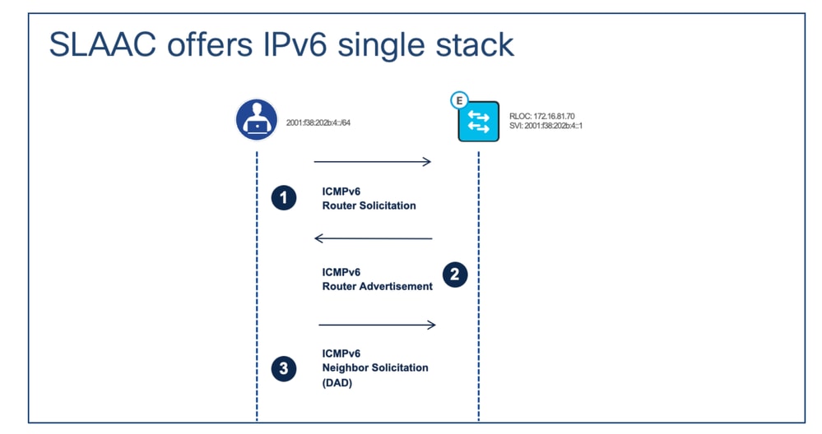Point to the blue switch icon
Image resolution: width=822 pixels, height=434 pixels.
[x=478, y=122]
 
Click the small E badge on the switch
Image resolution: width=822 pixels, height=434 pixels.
[x=457, y=99]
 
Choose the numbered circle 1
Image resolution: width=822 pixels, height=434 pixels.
[x=284, y=198]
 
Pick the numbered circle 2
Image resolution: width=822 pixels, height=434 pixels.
[x=454, y=275]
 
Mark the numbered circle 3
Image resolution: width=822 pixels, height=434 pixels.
[x=284, y=368]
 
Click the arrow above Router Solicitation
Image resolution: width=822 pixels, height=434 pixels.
[x=372, y=162]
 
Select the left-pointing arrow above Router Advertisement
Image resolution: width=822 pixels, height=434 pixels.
[x=374, y=238]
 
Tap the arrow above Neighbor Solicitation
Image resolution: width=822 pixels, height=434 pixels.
[x=376, y=325]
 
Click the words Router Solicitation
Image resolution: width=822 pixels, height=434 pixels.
[x=369, y=205]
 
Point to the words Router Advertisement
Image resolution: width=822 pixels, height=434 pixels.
[x=377, y=286]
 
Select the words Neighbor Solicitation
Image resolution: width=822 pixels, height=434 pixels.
[x=374, y=367]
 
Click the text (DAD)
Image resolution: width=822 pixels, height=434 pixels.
[x=337, y=382]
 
